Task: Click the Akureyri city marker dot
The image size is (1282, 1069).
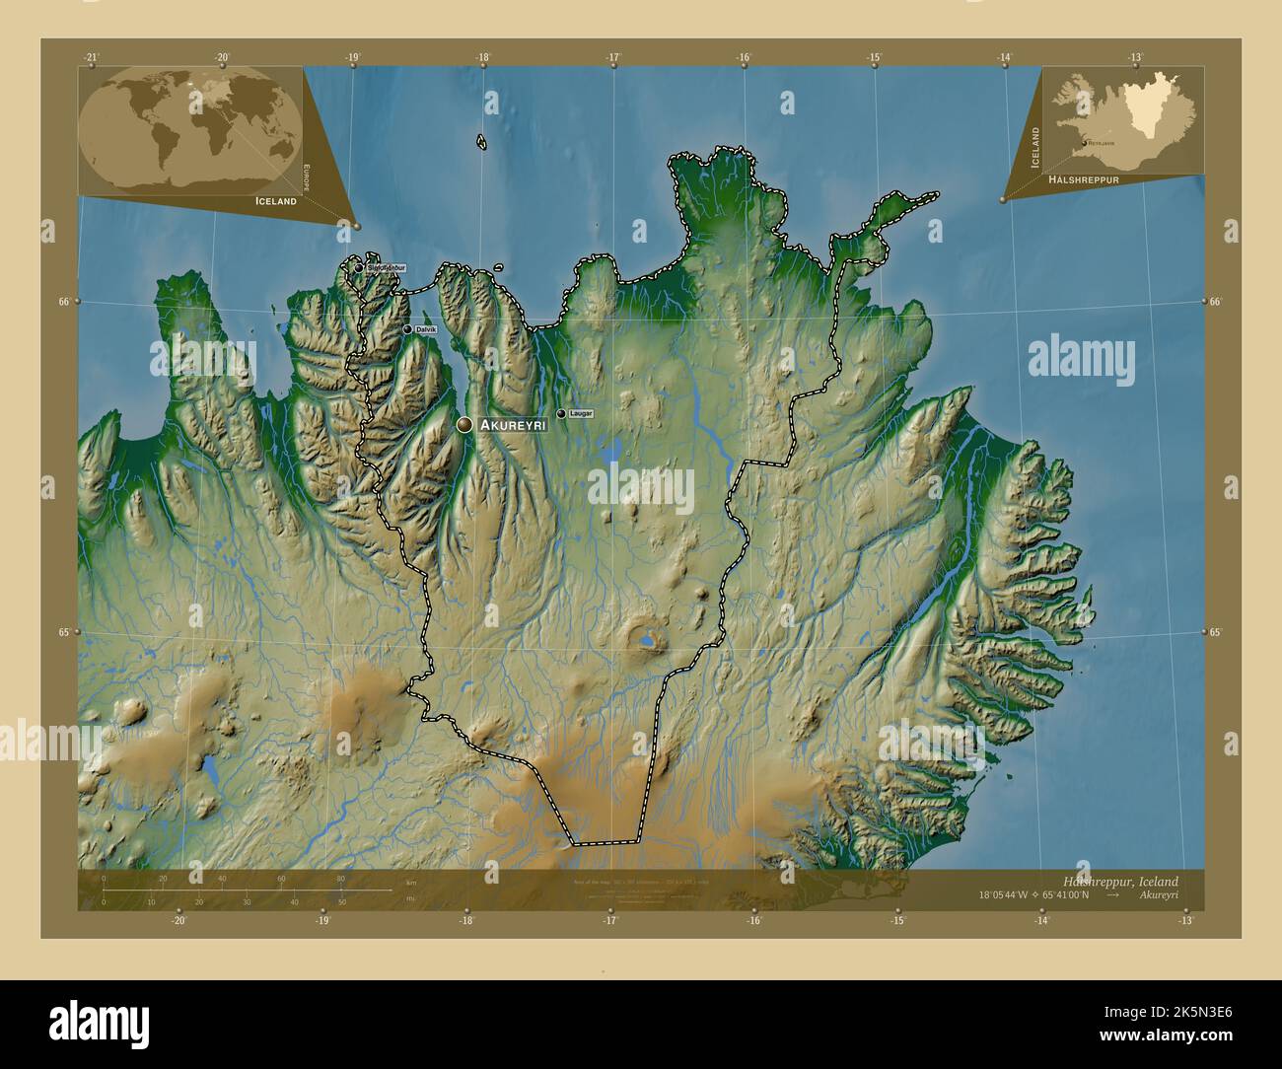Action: click(x=464, y=424)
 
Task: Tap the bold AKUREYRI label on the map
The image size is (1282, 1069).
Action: click(x=513, y=425)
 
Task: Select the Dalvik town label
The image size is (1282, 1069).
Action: click(x=426, y=329)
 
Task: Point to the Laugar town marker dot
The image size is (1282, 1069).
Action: click(x=561, y=414)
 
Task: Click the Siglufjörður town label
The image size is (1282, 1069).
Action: click(x=386, y=267)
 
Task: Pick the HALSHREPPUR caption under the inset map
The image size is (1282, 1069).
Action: click(x=1084, y=181)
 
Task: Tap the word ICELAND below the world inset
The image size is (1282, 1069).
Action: click(x=276, y=201)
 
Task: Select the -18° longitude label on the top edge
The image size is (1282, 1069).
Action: click(x=482, y=58)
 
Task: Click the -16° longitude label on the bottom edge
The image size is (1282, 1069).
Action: click(x=754, y=921)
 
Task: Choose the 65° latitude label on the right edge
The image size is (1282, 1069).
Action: click(x=1215, y=632)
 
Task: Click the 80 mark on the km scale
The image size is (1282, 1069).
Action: click(x=341, y=879)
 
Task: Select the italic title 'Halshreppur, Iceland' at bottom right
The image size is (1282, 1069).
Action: click(x=1120, y=881)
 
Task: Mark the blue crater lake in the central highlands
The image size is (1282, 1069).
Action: click(x=646, y=641)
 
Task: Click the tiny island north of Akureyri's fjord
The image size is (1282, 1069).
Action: click(x=481, y=143)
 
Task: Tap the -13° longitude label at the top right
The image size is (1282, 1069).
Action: click(x=1136, y=58)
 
